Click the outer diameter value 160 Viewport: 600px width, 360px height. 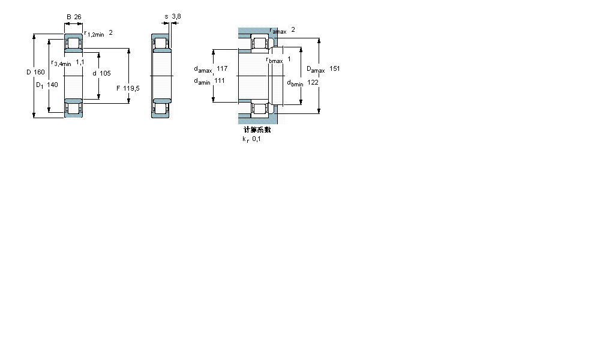[x=40, y=73]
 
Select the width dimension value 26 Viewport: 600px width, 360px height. [x=77, y=17]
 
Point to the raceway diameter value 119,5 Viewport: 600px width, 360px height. [x=131, y=88]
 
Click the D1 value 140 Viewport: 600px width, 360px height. [x=53, y=85]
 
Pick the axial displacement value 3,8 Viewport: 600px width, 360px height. [x=175, y=17]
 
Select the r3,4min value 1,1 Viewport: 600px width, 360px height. [x=80, y=62]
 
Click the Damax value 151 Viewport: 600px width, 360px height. [x=335, y=69]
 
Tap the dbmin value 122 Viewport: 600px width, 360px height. [x=313, y=82]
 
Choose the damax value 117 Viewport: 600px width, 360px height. [x=222, y=69]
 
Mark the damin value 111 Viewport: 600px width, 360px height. [x=220, y=81]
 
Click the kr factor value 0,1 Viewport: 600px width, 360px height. [x=256, y=139]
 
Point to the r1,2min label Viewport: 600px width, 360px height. [x=94, y=34]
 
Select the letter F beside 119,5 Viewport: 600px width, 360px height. [x=118, y=88]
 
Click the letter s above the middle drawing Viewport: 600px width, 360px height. [x=166, y=17]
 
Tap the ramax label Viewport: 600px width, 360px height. [x=278, y=31]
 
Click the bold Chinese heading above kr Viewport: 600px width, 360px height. [x=257, y=130]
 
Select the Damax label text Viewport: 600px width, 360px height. [x=316, y=70]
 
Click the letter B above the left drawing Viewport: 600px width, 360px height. [x=68, y=17]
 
